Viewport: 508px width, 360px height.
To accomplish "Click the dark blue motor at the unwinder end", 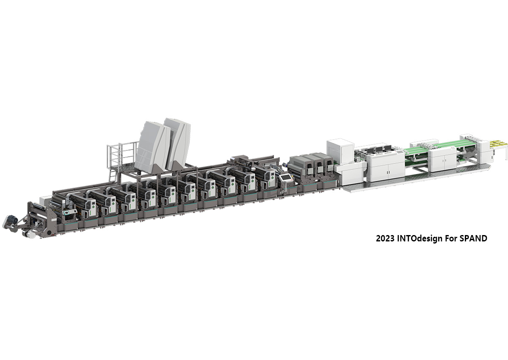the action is pyautogui.click(x=11, y=219).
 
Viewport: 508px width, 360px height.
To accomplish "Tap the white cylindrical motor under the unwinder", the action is pyautogui.click(x=29, y=234).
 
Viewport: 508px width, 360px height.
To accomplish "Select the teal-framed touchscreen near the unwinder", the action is pyautogui.click(x=67, y=213).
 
